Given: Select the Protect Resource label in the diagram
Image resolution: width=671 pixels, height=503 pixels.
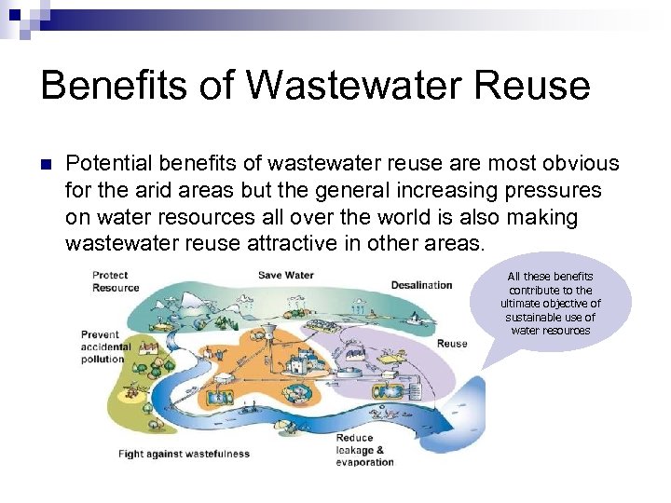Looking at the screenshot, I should click(116, 281).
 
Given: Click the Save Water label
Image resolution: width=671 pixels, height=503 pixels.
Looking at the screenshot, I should click(286, 275).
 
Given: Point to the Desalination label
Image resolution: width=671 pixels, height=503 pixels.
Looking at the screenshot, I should click(421, 285).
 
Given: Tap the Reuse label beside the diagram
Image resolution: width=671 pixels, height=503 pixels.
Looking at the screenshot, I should click(452, 344).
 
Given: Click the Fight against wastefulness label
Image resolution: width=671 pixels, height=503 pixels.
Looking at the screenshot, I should click(184, 455).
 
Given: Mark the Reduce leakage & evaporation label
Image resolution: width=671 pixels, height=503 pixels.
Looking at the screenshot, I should click(364, 450).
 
